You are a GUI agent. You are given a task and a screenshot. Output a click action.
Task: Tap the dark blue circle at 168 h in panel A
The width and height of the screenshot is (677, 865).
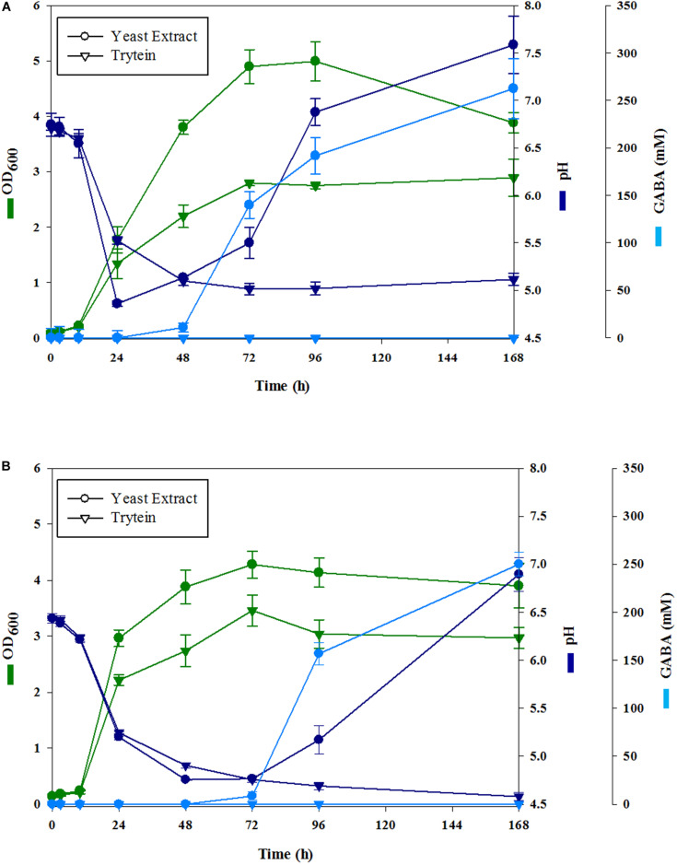click(x=514, y=44)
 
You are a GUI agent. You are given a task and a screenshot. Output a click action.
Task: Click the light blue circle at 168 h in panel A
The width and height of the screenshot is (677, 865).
click(x=514, y=88)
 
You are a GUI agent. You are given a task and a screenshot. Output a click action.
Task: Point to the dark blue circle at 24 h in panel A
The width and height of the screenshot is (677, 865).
click(x=118, y=303)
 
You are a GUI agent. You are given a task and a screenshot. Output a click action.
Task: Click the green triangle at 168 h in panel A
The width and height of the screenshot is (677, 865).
click(x=514, y=178)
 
